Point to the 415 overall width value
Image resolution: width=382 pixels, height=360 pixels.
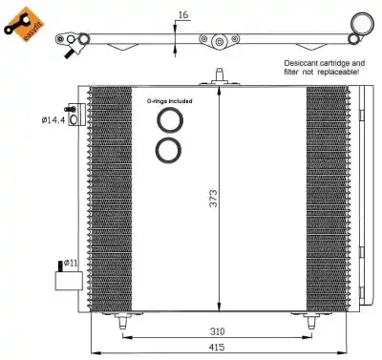[220, 349]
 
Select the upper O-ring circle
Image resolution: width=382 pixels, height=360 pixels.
[170, 120]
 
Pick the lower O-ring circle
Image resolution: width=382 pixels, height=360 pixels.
[170, 150]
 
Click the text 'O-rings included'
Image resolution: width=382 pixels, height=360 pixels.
[170, 100]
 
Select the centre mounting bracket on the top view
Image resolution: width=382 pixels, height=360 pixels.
[219, 41]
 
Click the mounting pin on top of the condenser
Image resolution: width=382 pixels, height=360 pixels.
[219, 75]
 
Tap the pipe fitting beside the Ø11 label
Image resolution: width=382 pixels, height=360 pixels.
[67, 280]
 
